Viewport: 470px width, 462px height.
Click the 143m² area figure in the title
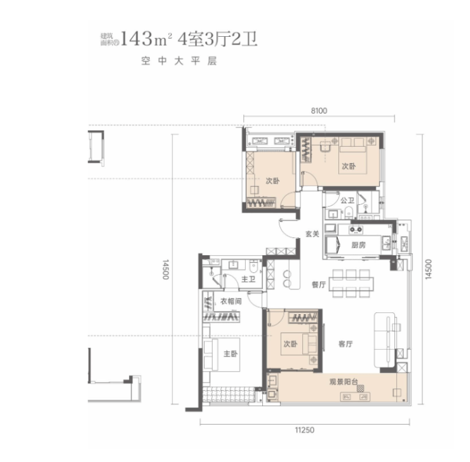145,39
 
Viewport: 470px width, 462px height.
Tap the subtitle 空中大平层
179,61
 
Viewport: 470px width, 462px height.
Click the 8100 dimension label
319,111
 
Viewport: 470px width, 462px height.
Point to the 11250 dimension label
304,430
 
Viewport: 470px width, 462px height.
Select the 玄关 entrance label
312,234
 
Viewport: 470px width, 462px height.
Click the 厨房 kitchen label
358,245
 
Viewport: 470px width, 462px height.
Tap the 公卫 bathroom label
347,201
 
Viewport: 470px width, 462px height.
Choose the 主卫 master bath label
248,279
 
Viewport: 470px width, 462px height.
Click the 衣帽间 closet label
231,301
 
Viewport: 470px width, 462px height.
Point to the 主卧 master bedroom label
231,354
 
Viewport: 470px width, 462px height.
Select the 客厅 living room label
346,344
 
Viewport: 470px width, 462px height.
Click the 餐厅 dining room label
319,284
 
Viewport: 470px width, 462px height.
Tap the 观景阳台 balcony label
344,382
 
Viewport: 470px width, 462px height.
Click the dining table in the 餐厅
351,283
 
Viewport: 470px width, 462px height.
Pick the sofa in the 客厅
385,340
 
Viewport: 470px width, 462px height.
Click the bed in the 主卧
222,355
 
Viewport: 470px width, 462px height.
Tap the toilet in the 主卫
253,266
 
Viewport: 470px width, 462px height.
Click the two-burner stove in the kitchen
356,230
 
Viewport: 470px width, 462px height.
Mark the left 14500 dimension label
166,269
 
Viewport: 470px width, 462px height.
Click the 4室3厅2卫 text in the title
218,39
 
